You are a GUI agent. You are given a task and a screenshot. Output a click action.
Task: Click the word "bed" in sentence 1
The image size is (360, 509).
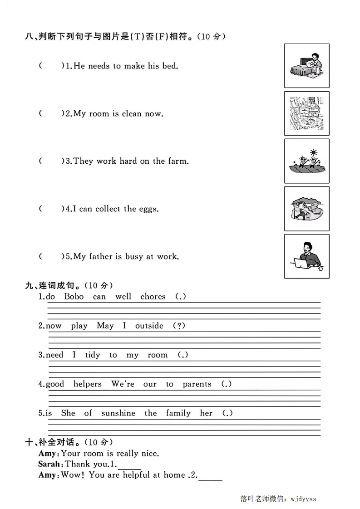170,66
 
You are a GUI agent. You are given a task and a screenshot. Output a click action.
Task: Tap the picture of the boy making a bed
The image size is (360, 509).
306,66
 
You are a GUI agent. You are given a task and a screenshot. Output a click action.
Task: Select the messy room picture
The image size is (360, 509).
306,113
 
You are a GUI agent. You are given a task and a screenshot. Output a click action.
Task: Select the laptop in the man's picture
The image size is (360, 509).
301,263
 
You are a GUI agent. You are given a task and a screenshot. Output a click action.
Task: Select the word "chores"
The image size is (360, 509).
153,297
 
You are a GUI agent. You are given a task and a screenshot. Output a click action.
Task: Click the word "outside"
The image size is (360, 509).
149,326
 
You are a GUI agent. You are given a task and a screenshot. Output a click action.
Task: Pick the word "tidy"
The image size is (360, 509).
93,355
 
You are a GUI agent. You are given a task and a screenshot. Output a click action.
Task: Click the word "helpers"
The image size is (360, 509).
87,384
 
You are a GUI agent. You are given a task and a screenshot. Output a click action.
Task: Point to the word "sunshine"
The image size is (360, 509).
118,413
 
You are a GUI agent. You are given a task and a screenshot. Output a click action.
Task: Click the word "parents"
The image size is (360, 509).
197,385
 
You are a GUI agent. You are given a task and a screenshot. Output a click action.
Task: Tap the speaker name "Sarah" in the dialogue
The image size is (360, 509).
49,464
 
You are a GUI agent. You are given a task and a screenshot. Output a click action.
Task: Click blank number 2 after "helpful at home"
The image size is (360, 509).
211,476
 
